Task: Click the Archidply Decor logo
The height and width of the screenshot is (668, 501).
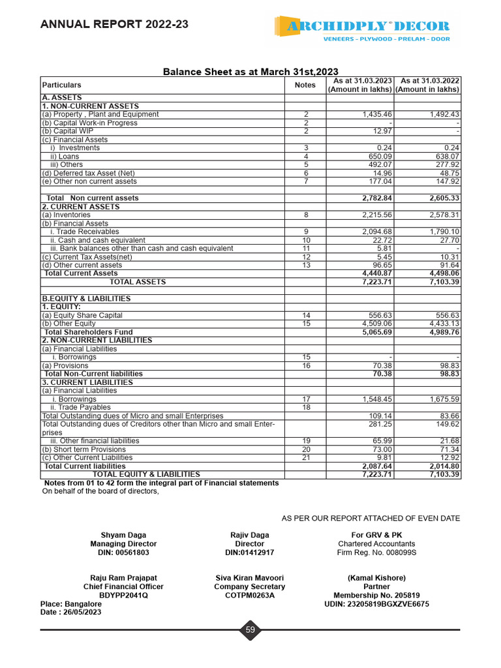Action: pyautogui.click(x=362, y=26)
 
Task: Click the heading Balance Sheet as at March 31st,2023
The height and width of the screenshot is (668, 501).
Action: pyautogui.click(x=250, y=72)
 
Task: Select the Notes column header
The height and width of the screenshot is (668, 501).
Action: pyautogui.click(x=305, y=85)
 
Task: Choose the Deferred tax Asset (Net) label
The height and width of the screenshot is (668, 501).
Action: pyautogui.click(x=88, y=173)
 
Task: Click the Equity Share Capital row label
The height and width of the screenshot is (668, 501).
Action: pyautogui.click(x=82, y=315)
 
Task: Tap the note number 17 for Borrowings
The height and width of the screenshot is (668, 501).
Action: pyautogui.click(x=305, y=399)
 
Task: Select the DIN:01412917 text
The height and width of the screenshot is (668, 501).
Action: pyautogui.click(x=250, y=553)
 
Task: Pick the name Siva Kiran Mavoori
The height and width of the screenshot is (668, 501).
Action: pyautogui.click(x=250, y=578)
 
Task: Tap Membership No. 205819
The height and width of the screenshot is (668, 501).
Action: pyautogui.click(x=376, y=595)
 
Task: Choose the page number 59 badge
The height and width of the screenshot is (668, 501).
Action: pyautogui.click(x=250, y=630)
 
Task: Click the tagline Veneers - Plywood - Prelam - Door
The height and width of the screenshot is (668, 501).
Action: pyautogui.click(x=387, y=39)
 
